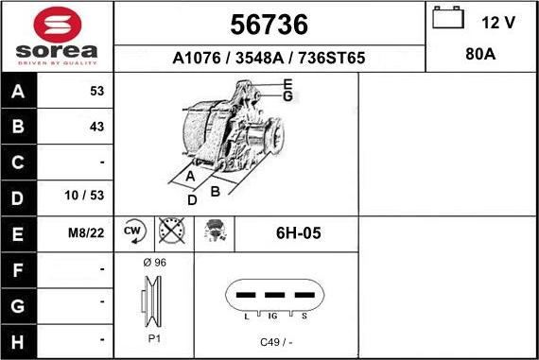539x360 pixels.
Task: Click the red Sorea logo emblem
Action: pyautogui.click(x=58, y=25)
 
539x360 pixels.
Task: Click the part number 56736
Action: pyautogui.click(x=269, y=25)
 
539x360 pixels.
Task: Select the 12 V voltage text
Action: pyautogui.click(x=498, y=23)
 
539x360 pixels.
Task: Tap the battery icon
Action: pyautogui.click(x=448, y=17)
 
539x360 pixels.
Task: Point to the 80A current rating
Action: pyautogui.click(x=480, y=54)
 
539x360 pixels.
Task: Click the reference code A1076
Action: pyautogui.click(x=197, y=58)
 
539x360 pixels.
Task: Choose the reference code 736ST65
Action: pyautogui.click(x=332, y=58)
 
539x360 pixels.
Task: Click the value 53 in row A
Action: pyautogui.click(x=97, y=91)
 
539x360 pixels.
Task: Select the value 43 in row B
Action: pyautogui.click(x=97, y=127)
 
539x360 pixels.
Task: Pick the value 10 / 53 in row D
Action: pyautogui.click(x=84, y=196)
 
